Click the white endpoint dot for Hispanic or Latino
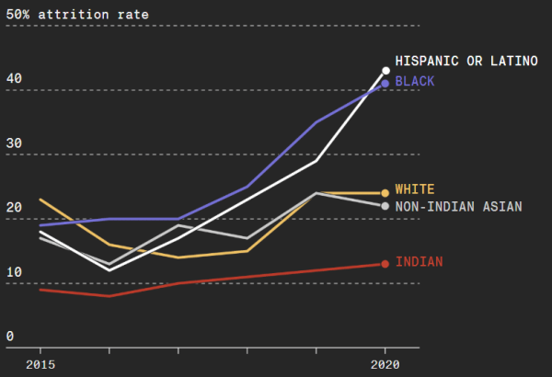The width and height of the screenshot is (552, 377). coord(385,70)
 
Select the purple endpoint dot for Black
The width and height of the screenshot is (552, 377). coord(385,83)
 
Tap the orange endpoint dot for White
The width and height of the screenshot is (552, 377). coord(385,193)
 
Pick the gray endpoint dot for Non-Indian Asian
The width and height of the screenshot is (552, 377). coord(385,206)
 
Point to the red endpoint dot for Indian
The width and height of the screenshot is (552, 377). coord(385,264)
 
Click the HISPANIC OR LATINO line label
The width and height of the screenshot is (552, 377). coord(466,62)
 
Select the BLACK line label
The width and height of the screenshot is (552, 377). coord(414,82)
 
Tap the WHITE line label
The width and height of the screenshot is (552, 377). coord(414,189)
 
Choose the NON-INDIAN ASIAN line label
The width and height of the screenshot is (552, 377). coord(458,207)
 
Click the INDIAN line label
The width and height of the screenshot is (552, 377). coord(419,262)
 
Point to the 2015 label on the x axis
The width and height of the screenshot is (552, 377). coord(40,364)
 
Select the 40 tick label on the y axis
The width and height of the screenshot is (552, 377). coord(13,79)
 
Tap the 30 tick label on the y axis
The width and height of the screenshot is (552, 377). coord(13,143)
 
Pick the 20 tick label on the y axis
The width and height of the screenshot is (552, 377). coord(13,208)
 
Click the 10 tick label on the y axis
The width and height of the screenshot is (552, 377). coord(13,272)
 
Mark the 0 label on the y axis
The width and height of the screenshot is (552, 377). coord(9,337)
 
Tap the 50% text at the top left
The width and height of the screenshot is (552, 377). coord(17,15)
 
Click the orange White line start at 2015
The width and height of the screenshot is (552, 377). coord(40,200)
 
